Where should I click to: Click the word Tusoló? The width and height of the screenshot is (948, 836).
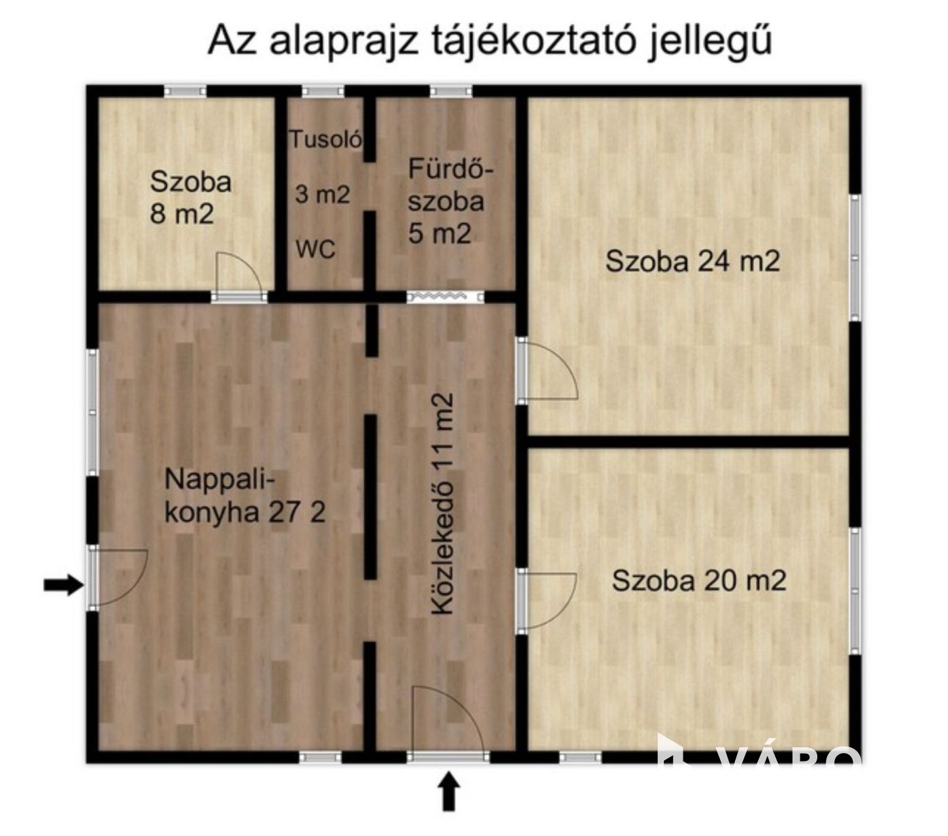325,139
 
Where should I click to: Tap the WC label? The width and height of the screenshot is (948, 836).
316,249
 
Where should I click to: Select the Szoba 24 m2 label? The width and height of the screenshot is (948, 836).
693,261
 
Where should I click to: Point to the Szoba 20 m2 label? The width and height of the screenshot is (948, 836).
699,581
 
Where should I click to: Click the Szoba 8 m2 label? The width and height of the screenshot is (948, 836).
190,198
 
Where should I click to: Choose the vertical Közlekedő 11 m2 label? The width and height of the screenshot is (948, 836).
442,504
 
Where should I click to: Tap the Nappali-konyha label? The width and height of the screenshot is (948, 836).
245,496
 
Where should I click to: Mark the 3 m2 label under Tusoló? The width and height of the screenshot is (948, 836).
322,194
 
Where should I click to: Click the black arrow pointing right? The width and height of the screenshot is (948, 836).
64,585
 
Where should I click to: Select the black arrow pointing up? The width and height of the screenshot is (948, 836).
449,791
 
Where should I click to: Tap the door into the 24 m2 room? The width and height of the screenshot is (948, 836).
548,370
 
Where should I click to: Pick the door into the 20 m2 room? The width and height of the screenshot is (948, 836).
547,601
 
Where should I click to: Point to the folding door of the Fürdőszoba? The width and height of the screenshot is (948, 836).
445,297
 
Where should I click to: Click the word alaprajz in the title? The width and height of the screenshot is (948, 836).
343,42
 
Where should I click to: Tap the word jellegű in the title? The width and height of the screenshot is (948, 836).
710,41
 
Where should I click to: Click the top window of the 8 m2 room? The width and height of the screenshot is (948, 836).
186,91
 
